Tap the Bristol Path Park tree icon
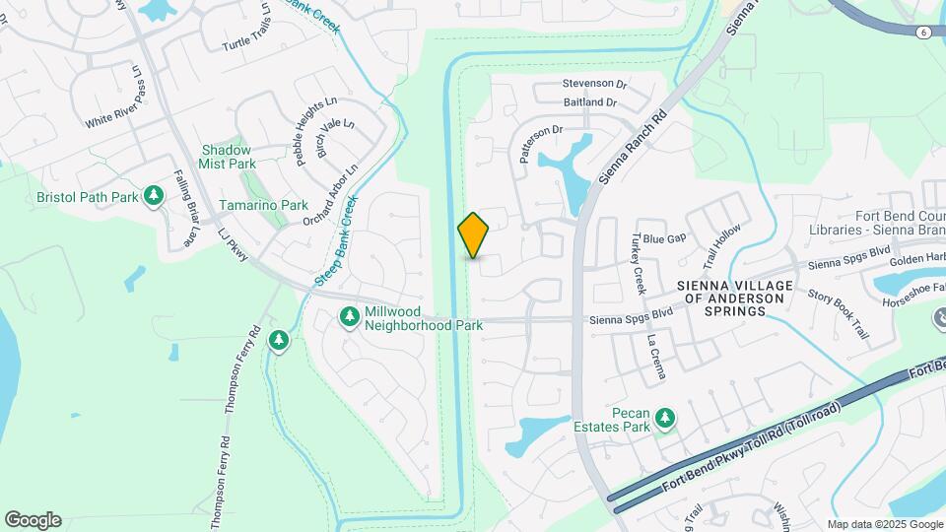[x=153, y=196]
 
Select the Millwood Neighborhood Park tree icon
[x=349, y=316]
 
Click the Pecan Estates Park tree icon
[x=666, y=419]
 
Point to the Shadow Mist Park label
[x=228, y=157]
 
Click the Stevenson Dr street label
[x=594, y=85]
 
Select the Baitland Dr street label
[x=590, y=102]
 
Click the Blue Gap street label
[x=662, y=238]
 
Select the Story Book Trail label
[x=839, y=314]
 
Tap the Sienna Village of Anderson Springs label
[x=722, y=298]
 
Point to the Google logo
[x=33, y=520]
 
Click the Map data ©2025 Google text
[x=885, y=524]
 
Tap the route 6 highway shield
[x=922, y=33]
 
